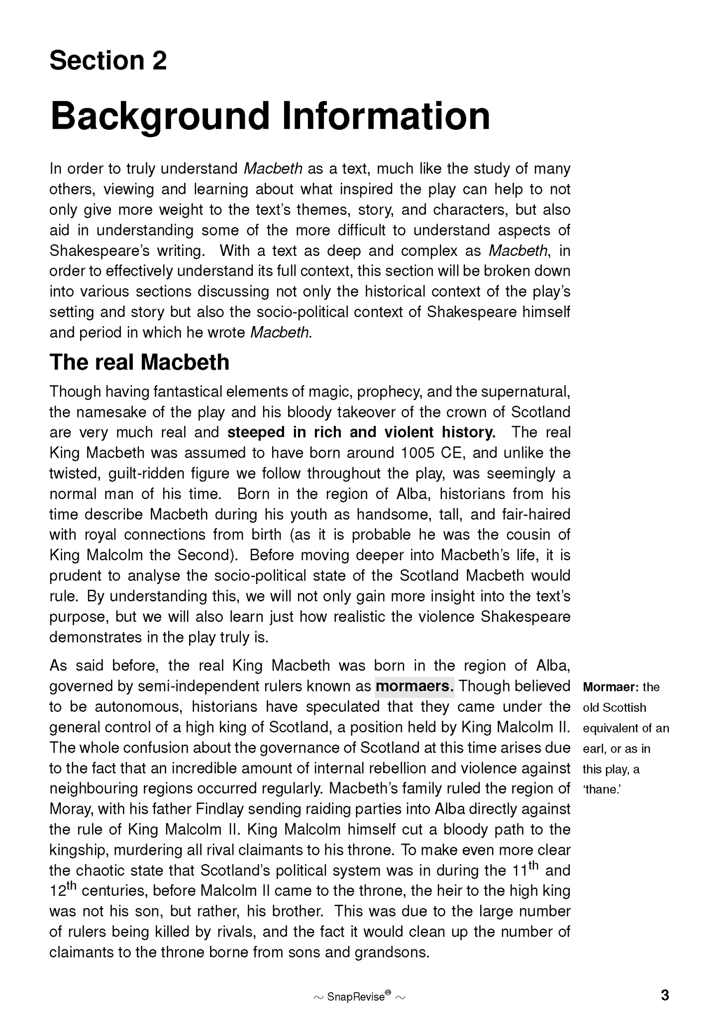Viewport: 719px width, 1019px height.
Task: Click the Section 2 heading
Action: coord(108,61)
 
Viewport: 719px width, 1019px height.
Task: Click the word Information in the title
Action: coord(386,116)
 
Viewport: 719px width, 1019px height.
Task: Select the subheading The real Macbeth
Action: coord(139,362)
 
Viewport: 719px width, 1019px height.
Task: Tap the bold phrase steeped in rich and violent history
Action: coord(361,432)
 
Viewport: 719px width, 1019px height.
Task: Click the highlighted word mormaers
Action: coord(414,686)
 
